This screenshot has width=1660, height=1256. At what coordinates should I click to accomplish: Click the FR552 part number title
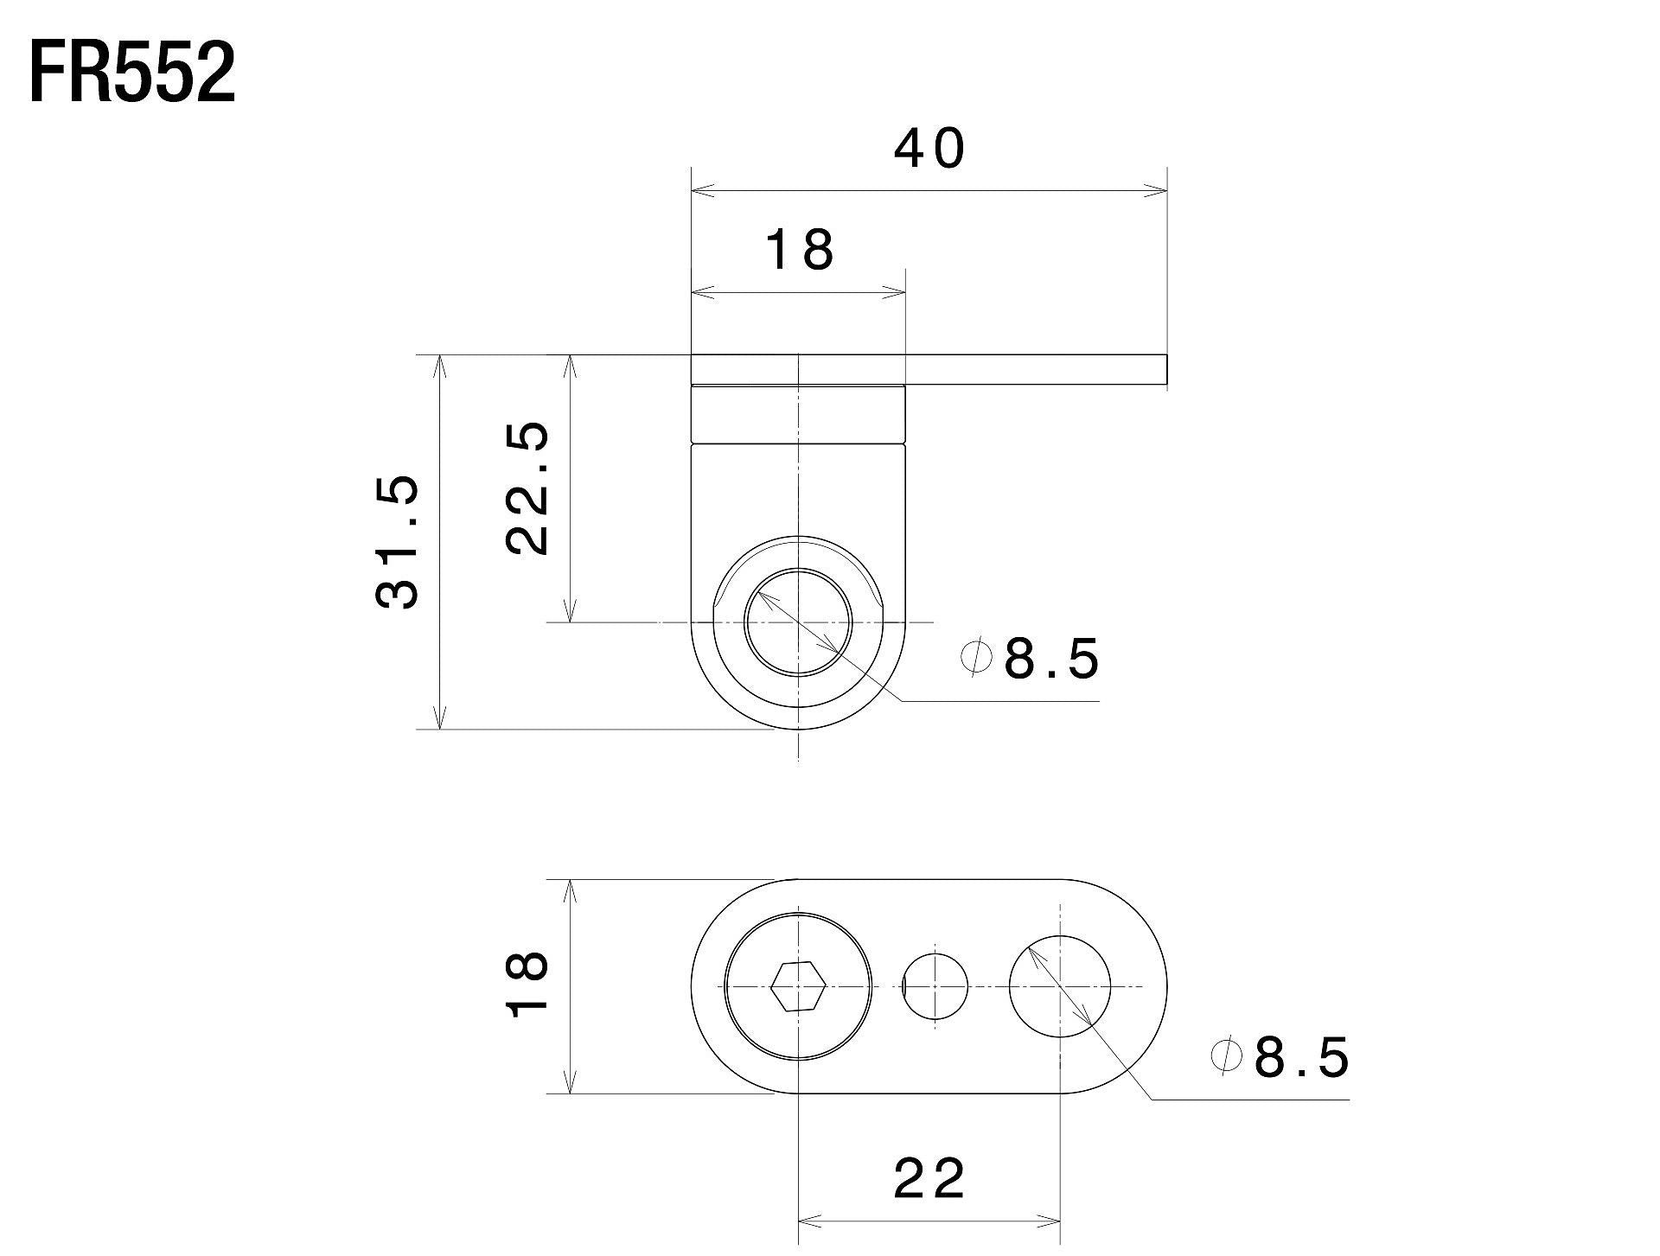click(x=132, y=74)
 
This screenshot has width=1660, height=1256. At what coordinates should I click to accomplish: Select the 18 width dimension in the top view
click(x=800, y=250)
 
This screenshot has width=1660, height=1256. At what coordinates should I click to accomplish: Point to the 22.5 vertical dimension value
click(x=527, y=488)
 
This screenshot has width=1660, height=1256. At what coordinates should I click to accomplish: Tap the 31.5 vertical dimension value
click(x=398, y=542)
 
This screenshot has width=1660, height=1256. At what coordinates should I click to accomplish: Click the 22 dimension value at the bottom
click(x=929, y=1178)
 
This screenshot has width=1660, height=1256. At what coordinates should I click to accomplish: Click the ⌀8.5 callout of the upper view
click(x=1031, y=659)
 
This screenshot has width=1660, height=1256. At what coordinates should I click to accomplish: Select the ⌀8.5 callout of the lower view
click(x=1280, y=1056)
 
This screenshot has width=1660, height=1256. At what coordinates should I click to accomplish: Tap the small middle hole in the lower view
click(x=935, y=986)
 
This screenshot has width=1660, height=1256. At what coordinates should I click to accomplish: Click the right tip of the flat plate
click(x=1167, y=369)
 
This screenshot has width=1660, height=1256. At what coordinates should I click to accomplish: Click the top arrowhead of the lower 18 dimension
click(x=570, y=893)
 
